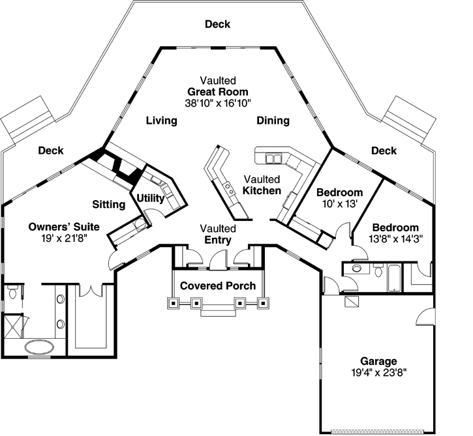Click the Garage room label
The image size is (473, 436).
(378, 361)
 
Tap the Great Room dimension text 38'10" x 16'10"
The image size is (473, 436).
(219, 102)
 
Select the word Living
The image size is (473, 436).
(162, 121)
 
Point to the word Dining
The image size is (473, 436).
(273, 121)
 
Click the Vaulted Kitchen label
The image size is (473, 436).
(262, 185)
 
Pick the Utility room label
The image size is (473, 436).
(151, 197)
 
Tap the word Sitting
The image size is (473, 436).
(108, 205)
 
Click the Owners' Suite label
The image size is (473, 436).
(64, 227)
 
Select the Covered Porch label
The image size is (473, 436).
(218, 286)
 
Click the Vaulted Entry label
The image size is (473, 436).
(218, 235)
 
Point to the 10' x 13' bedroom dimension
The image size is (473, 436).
(339, 204)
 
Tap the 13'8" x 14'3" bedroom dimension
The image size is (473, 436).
(395, 239)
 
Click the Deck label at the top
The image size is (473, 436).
(217, 25)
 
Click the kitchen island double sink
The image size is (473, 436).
(229, 189)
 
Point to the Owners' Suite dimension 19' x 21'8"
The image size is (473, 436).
(64, 239)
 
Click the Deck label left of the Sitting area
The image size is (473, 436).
(50, 151)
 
